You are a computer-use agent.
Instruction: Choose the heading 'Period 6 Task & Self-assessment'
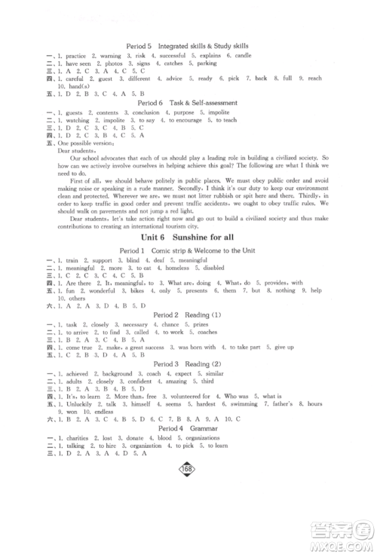(188, 103)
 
